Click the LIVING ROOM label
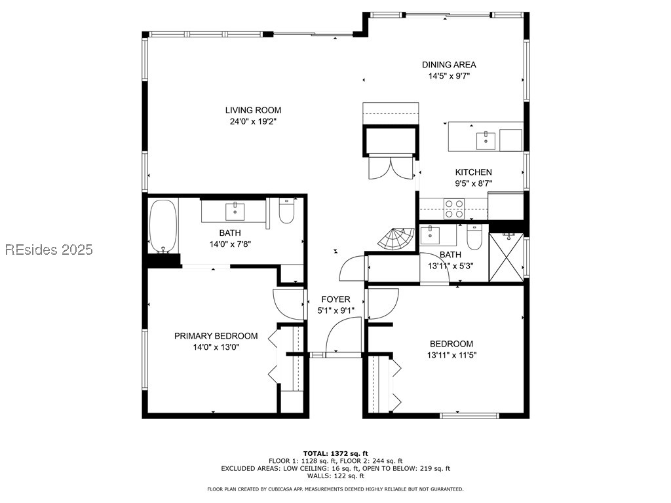(x=253, y=110)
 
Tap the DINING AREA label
(x=449, y=64)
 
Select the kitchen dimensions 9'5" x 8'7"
(x=474, y=184)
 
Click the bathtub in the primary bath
(x=163, y=226)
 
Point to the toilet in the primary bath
(x=287, y=211)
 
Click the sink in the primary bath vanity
(x=235, y=212)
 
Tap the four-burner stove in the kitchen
(x=454, y=209)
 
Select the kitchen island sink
(x=486, y=140)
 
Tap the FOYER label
(x=335, y=299)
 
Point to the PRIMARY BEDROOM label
(x=216, y=336)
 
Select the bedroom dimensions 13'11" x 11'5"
(x=451, y=355)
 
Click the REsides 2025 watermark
(x=48, y=250)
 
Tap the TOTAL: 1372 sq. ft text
(x=335, y=453)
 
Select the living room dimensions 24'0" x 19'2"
(x=253, y=121)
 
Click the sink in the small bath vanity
(x=431, y=235)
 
